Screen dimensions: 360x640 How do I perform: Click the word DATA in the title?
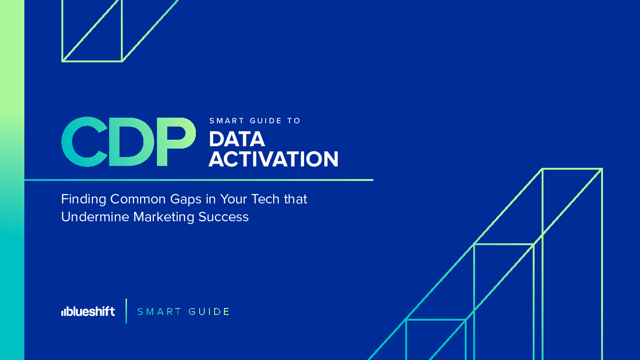point(237,139)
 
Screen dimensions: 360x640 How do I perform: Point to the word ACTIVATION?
point(273,159)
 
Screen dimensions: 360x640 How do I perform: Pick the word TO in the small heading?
point(294,121)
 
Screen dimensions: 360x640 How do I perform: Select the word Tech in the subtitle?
point(265,199)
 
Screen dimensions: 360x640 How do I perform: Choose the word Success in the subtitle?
point(223,217)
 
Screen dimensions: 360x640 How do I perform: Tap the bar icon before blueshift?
point(64,312)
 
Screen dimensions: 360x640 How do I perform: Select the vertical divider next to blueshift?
point(127,311)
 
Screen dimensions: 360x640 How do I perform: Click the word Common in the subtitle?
point(138,199)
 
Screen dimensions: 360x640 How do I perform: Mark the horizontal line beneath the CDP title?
point(199,180)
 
